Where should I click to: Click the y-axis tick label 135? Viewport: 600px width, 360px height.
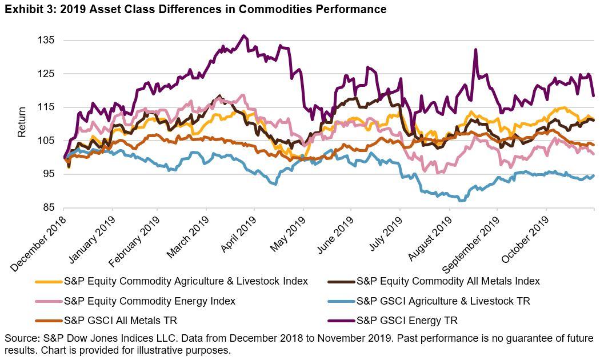(46, 41)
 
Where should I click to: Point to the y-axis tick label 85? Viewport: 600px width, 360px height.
(49, 207)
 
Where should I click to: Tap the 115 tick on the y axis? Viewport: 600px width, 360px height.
(46, 107)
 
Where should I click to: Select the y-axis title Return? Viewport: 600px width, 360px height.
(22, 122)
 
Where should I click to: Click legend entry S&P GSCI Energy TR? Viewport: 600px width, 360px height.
(406, 321)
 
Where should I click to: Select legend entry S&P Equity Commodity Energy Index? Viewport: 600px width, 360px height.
(149, 301)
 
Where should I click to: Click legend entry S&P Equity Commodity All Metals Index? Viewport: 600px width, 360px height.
(447, 281)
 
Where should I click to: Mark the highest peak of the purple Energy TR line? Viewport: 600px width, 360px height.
(244, 35)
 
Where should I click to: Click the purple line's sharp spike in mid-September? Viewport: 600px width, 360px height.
(475, 50)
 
